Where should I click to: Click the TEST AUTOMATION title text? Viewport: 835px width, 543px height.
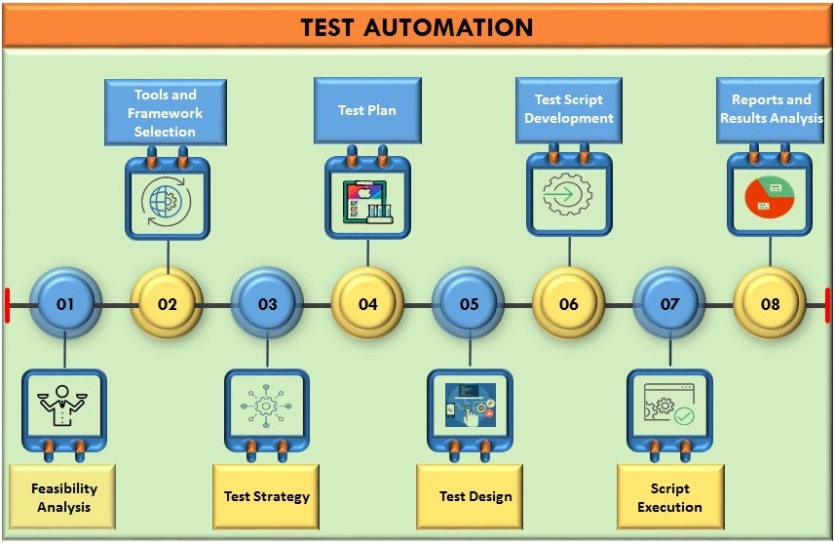coord(417,27)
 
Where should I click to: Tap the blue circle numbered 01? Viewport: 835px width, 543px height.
coord(65,304)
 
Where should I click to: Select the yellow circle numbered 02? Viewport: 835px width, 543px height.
coord(167,304)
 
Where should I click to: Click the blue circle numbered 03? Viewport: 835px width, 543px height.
coord(267,304)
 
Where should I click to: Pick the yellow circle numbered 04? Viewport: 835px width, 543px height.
coord(367,304)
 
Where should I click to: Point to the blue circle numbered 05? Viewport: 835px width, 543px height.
coord(469,304)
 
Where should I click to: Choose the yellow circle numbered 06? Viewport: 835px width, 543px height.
coord(569,304)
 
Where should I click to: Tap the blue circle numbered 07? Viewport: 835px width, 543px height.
coord(669,304)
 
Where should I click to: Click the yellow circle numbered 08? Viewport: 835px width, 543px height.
coord(770,304)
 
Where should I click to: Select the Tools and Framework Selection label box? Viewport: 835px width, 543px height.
coord(166,113)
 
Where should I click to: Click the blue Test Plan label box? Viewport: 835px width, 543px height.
coord(367,110)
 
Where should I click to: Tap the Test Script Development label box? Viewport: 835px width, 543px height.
coord(569,109)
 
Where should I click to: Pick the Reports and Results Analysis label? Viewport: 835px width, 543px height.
coord(771,109)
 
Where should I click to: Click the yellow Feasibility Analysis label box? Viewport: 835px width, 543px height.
coord(63,498)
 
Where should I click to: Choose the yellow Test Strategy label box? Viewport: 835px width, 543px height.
coord(266,496)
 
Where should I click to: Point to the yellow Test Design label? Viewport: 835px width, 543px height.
coord(474,496)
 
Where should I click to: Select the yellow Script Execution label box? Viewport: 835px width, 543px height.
coord(669,497)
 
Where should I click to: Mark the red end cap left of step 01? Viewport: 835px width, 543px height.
coord(7,304)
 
